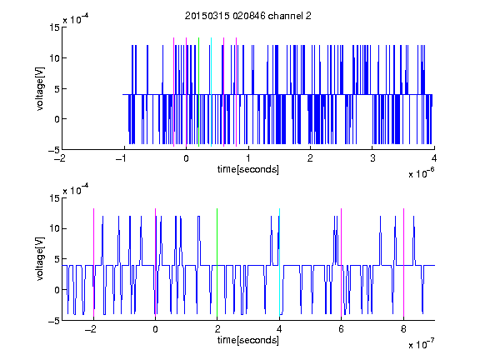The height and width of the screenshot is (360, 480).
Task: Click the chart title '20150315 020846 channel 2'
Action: point(248,16)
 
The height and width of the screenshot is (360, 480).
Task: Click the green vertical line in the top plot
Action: point(198,92)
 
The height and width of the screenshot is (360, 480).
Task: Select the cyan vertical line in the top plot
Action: point(211,92)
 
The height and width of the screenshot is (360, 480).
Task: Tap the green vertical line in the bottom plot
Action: point(217,262)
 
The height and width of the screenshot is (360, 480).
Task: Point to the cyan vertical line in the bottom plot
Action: point(279,262)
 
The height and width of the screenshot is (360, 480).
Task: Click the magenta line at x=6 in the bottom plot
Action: point(342,262)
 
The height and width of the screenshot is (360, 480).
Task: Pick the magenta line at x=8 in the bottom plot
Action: point(403,262)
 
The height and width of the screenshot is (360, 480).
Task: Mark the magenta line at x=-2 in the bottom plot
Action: point(93,262)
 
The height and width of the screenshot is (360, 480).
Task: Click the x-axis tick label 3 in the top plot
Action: point(372,158)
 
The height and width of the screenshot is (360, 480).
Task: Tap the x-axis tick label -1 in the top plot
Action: point(122,158)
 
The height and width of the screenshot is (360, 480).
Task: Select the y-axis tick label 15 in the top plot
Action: point(54,27)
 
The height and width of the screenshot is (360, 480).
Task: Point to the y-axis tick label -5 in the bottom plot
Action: point(54,321)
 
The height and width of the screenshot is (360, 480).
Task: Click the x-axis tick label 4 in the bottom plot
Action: point(279,329)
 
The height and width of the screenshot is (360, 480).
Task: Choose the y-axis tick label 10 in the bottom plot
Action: point(54,228)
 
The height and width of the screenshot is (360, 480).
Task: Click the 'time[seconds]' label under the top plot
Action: point(248,169)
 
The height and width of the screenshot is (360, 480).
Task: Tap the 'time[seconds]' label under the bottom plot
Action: point(248,340)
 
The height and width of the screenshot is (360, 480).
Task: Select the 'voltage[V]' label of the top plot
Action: point(40,89)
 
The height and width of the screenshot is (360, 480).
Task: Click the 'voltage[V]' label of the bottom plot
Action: point(40,259)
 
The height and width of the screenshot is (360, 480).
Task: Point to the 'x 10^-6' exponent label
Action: point(421,173)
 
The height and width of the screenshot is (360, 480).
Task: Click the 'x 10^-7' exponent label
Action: point(421,344)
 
